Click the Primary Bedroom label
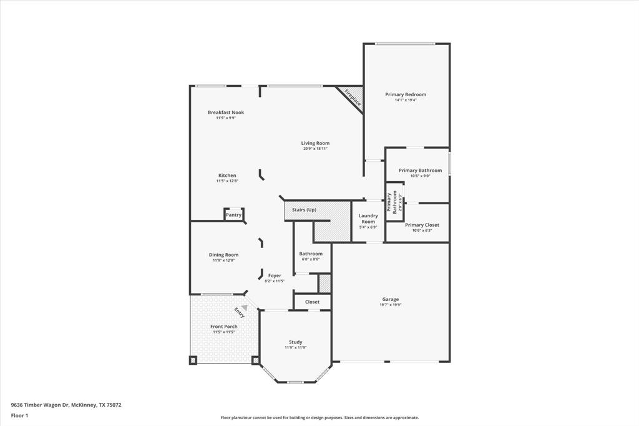tap(406, 94)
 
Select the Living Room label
tap(315, 143)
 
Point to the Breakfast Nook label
tap(226, 112)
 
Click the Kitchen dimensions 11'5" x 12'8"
tap(227, 181)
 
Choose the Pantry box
tap(233, 215)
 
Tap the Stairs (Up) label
tap(305, 210)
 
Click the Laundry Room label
tap(368, 219)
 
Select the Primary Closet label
tap(422, 225)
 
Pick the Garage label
tap(391, 299)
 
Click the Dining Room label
tap(223, 254)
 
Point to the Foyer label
tap(275, 275)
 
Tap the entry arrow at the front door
tap(244, 307)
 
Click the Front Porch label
tap(223, 327)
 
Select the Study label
tap(295, 342)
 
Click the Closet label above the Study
tap(312, 302)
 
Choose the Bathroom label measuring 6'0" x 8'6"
tap(311, 254)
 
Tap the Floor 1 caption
tap(19, 415)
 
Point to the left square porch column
tap(193, 360)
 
